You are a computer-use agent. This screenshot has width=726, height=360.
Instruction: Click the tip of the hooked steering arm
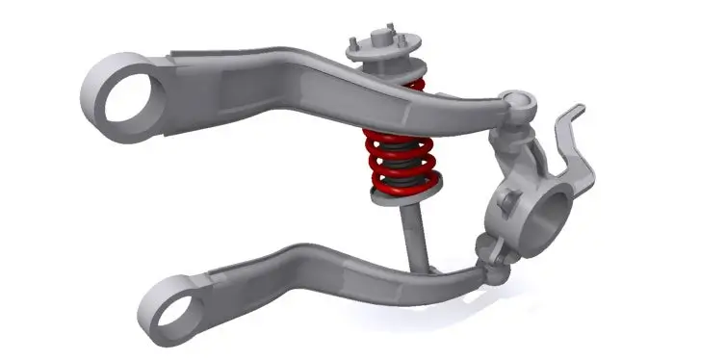577,109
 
